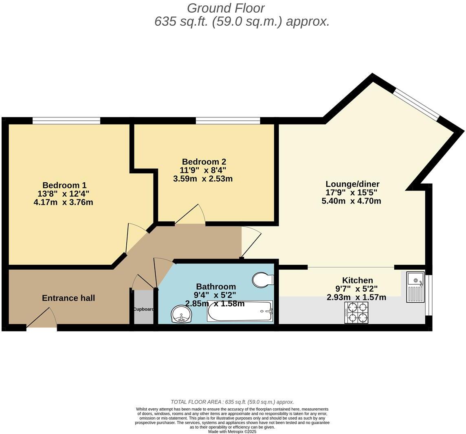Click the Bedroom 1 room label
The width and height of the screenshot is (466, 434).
(64, 185)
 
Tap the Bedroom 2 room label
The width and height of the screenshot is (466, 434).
(204, 162)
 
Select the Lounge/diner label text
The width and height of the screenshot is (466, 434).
(352, 184)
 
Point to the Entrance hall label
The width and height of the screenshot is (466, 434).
(68, 298)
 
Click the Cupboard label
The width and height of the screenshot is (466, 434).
(143, 309)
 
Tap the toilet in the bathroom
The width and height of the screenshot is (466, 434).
(262, 280)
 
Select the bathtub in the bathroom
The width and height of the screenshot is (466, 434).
(240, 312)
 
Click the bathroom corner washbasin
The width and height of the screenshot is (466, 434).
(181, 314)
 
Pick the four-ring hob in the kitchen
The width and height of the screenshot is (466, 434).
(356, 312)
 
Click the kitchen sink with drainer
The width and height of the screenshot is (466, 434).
(415, 287)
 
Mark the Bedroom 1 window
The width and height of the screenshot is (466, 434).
(66, 120)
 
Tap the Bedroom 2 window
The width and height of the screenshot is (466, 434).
(228, 120)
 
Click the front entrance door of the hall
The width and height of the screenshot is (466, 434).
(42, 319)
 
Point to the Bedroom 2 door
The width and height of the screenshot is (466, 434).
(190, 215)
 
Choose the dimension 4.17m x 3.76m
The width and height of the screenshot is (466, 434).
(63, 202)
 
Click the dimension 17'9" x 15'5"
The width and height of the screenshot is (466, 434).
(351, 193)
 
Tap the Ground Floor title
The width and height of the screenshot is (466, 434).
(226, 8)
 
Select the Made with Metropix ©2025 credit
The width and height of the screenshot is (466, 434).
(232, 431)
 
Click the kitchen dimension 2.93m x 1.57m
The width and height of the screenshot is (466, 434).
(356, 297)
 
